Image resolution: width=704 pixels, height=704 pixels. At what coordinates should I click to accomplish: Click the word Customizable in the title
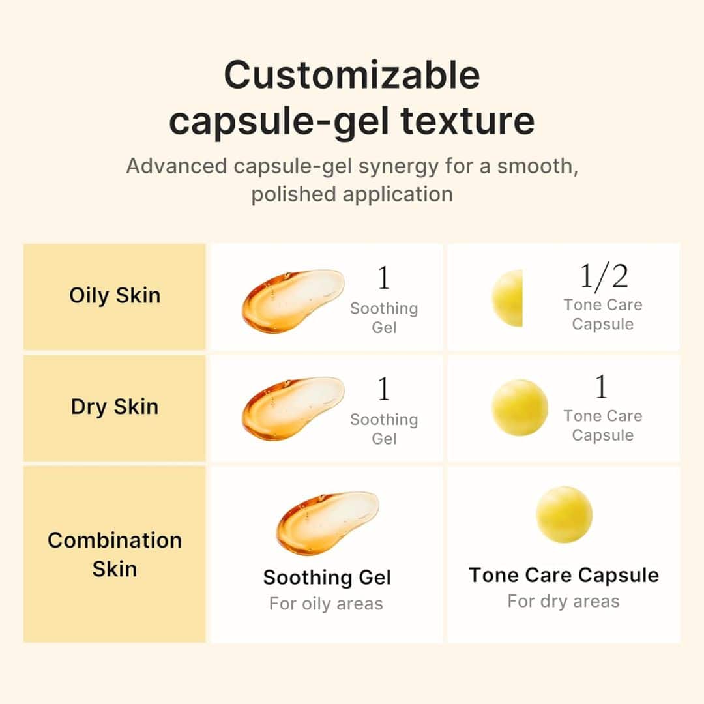tap(352, 76)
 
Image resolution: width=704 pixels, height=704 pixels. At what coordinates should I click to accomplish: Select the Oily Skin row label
tap(115, 295)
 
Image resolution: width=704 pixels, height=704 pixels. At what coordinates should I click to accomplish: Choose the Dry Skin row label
tap(115, 407)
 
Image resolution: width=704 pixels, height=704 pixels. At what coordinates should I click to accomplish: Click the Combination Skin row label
tap(115, 554)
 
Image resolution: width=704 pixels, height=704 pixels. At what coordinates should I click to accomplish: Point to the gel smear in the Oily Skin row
tap(291, 301)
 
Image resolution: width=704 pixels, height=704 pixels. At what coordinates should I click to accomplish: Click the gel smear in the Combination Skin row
tap(326, 521)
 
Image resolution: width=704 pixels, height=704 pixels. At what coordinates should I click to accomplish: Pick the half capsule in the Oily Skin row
tap(508, 298)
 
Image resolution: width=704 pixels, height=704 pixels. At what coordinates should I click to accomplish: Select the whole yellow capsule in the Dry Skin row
tap(520, 407)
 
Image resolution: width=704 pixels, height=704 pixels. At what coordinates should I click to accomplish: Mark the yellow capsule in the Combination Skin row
tap(564, 514)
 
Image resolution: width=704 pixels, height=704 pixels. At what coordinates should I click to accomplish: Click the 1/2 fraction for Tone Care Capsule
tap(604, 277)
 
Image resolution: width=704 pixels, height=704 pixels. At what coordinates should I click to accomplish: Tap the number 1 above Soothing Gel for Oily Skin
tap(384, 278)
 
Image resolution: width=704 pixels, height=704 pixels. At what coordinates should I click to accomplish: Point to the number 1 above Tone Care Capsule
tap(602, 388)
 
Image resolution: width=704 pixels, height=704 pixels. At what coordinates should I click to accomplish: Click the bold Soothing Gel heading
tap(327, 578)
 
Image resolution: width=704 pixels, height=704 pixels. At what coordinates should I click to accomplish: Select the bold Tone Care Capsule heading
tap(564, 576)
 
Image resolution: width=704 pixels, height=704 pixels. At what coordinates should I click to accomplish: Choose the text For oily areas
tap(326, 604)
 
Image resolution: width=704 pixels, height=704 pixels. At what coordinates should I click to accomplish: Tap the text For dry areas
tap(564, 601)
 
